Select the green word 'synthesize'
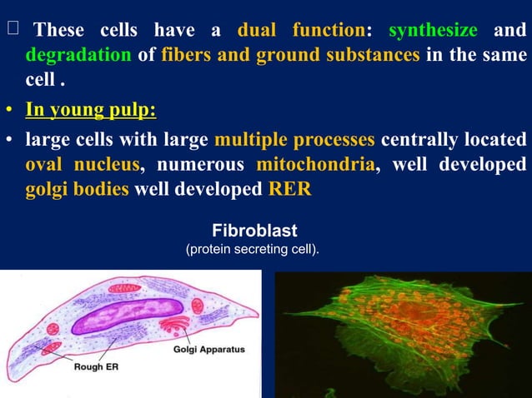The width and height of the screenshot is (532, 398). coord(433,31)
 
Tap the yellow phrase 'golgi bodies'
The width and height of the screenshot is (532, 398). coord(77,189)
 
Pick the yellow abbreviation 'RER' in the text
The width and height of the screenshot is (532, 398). coord(289,189)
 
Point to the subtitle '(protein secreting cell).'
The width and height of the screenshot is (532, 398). coord(252,249)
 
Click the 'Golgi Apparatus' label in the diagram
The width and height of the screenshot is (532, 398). coord(209,350)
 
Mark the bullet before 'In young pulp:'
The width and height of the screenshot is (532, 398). coord(9,111)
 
